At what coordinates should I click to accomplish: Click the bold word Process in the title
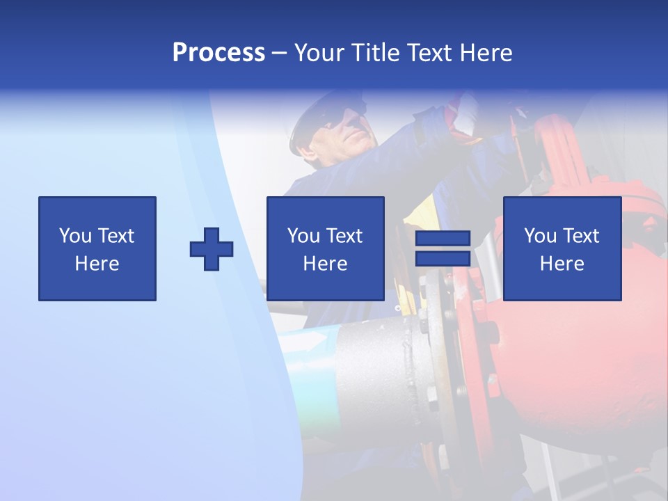[218, 53]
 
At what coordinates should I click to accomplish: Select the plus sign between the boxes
[212, 249]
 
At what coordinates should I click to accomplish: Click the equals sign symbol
[443, 248]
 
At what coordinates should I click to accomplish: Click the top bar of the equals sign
[443, 239]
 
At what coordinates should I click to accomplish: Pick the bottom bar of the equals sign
[443, 259]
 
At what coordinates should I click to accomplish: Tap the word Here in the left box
[97, 264]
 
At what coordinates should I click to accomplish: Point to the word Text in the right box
[580, 236]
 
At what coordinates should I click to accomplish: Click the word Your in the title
[317, 53]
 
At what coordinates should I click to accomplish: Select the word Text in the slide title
[426, 53]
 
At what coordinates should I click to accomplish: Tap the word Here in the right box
[562, 264]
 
